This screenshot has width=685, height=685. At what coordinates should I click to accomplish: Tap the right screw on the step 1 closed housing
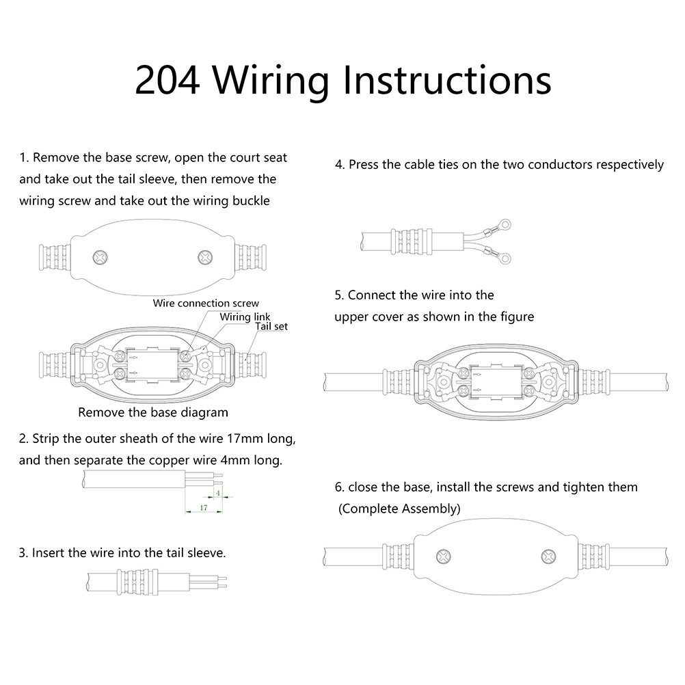coord(204,258)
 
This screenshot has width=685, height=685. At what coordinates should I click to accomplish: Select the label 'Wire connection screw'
coord(206,303)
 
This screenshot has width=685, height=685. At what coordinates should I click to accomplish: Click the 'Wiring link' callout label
coord(245,317)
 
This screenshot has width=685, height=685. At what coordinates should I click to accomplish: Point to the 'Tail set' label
coord(271,326)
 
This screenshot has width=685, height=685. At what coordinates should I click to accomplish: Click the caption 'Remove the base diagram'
coord(153,412)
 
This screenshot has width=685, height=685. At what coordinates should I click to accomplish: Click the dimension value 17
coord(203,508)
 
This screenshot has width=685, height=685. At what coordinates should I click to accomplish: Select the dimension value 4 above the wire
coord(217,492)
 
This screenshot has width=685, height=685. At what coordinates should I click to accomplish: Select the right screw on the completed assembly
coord(548,557)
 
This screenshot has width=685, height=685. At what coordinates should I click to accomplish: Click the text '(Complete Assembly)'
coord(400,509)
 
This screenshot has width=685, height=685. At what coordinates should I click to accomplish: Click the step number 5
coord(338,295)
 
